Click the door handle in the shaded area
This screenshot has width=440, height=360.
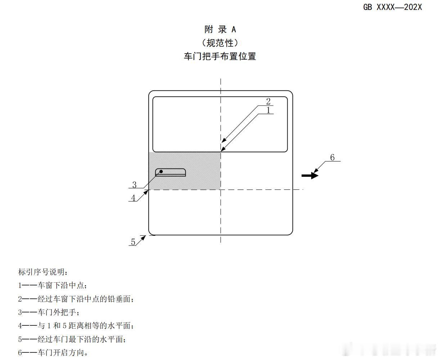click(x=171, y=172)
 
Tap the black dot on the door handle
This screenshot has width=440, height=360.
click(x=161, y=171)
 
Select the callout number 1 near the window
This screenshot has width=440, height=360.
click(x=268, y=110)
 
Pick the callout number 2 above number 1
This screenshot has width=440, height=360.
click(x=268, y=102)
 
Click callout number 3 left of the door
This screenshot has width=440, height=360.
click(x=134, y=185)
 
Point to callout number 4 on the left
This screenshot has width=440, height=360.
click(x=133, y=198)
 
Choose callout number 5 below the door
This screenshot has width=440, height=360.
click(x=133, y=242)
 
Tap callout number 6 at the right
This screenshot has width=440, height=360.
click(x=332, y=157)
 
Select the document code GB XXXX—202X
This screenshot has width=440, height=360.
click(x=392, y=7)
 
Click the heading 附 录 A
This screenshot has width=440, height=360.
click(x=220, y=30)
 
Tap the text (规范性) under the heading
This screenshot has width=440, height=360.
click(x=220, y=43)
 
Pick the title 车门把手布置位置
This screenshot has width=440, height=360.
click(x=220, y=57)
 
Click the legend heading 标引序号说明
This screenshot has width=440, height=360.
click(x=43, y=272)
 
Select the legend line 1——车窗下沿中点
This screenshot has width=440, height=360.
click(x=53, y=285)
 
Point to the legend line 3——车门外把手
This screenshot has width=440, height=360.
click(x=49, y=312)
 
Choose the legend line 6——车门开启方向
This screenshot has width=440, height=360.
click(x=53, y=352)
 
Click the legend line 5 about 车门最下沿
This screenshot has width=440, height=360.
click(x=72, y=339)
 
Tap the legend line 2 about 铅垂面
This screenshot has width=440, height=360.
click(x=78, y=299)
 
